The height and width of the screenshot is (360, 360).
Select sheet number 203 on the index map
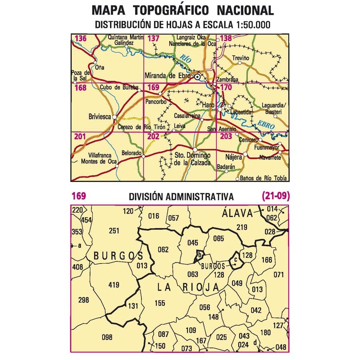tap(226, 137)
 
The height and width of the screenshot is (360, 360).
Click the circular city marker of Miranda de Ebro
tap(197, 76)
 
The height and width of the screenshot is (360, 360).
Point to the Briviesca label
tap(99, 118)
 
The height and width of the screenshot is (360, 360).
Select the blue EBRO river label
tap(266, 124)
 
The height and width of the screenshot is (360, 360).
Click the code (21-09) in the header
tap(276, 196)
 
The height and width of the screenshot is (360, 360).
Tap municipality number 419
tap(114, 285)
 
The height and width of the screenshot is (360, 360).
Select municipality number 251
tap(114, 230)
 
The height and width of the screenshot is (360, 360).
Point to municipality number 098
tap(107, 337)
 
